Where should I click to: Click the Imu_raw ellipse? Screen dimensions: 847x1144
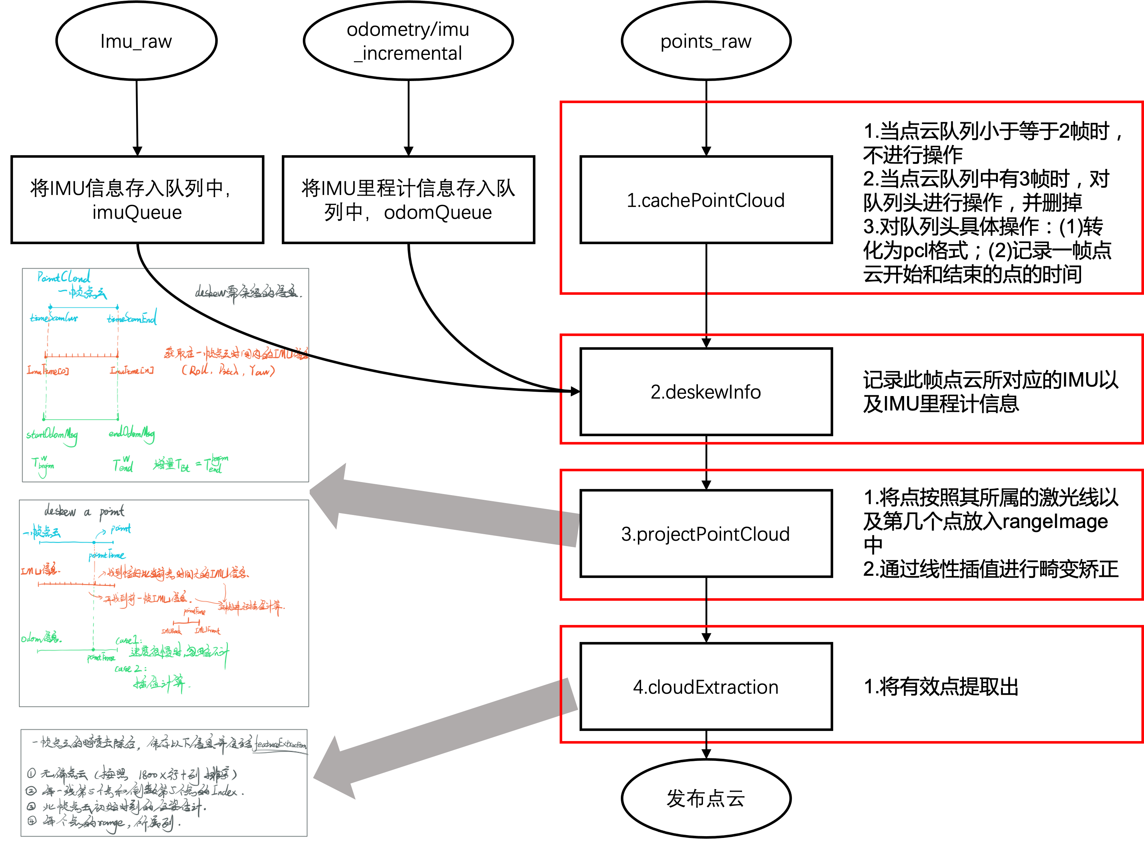tap(136, 41)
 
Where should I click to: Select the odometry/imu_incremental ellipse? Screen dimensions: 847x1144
tap(408, 41)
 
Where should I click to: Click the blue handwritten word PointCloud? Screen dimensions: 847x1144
tap(64, 277)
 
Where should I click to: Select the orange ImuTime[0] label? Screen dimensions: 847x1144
tap(48, 370)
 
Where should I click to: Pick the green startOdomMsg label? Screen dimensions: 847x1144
tap(52, 435)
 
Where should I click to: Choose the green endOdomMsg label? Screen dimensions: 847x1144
tap(131, 433)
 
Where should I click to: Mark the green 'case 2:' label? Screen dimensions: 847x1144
tap(130, 669)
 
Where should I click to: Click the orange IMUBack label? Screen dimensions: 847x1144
tap(171, 631)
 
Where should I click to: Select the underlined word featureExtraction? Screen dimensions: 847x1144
tap(280, 744)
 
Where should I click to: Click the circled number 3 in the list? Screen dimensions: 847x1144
tap(32, 806)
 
